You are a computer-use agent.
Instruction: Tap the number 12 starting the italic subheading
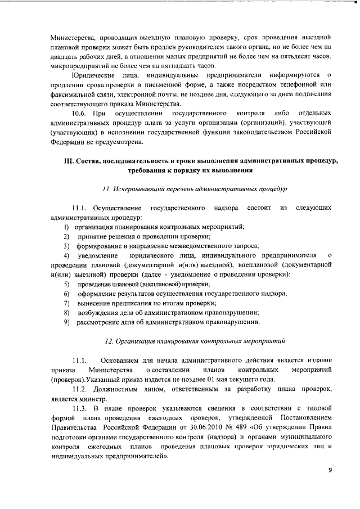tap(110, 341)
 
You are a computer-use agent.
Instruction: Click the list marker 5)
tap(66, 284)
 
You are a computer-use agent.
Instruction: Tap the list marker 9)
tap(66, 322)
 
